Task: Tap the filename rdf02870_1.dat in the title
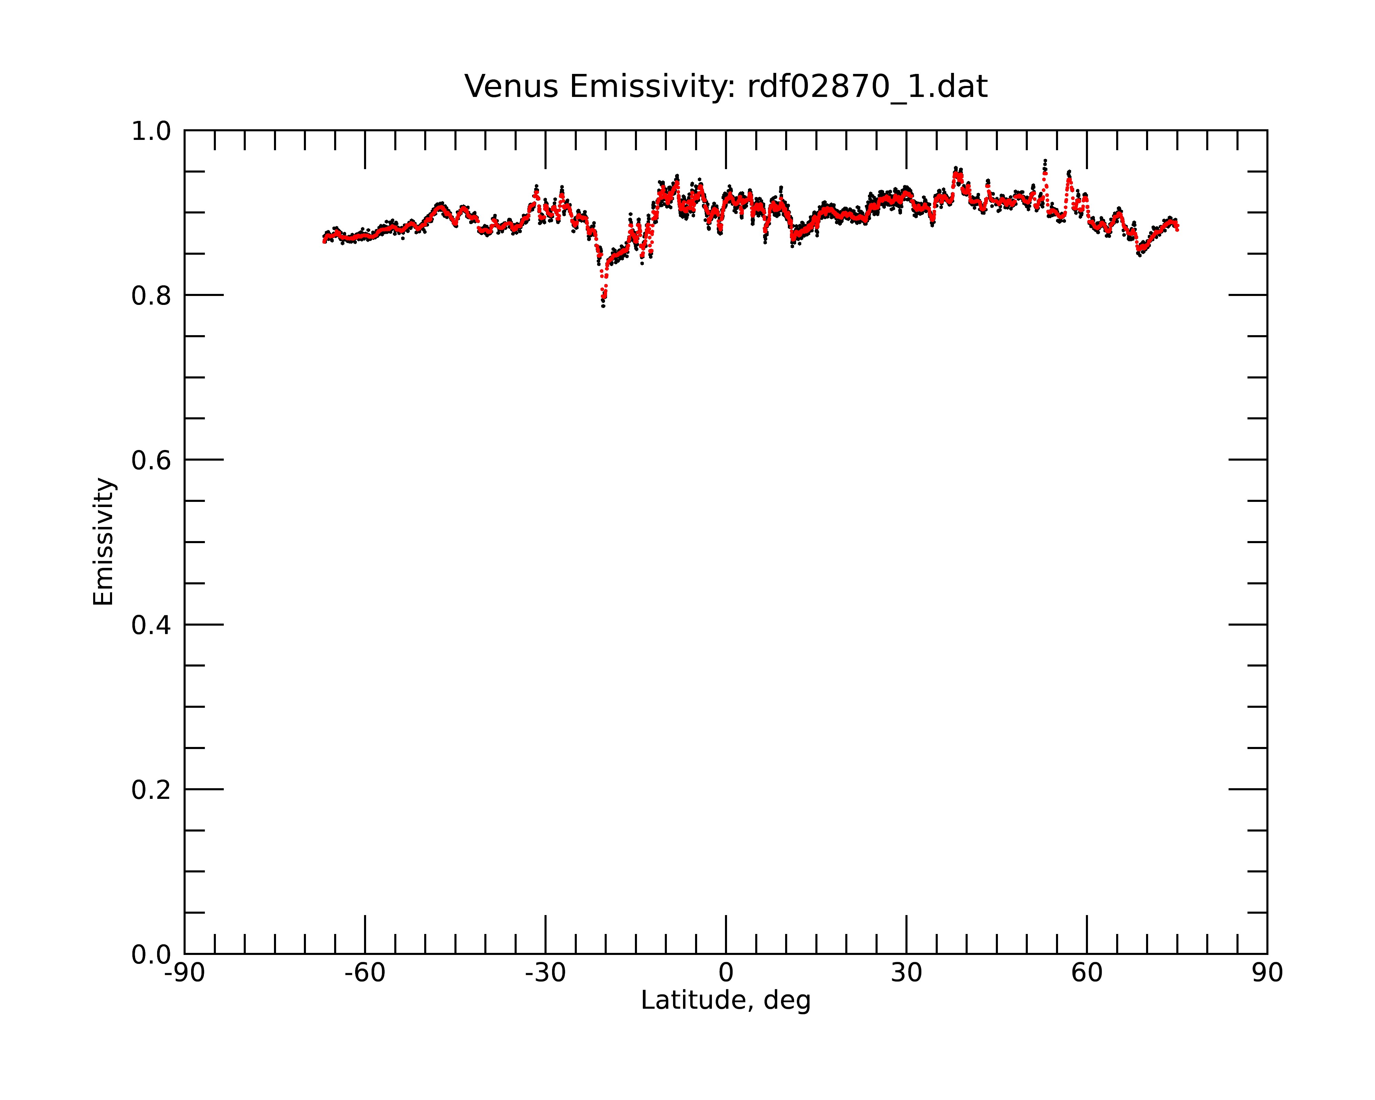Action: click(867, 87)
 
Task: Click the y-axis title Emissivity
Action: click(103, 541)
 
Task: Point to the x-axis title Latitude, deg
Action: click(726, 1001)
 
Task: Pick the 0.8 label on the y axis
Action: click(151, 296)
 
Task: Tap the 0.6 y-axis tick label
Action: click(151, 460)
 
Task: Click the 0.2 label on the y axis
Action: click(151, 790)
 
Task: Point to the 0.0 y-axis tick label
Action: click(151, 955)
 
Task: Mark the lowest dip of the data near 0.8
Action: click(603, 306)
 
